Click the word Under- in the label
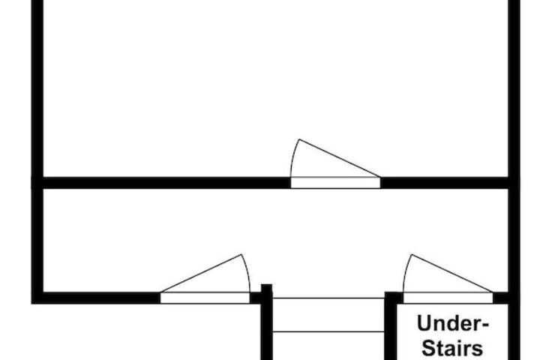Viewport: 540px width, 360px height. [x=453, y=323]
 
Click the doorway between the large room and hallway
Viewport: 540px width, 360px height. [x=335, y=183]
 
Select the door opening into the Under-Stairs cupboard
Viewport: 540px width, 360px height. [x=448, y=298]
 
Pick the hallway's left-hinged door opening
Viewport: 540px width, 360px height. [x=205, y=298]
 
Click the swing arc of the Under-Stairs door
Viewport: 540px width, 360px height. [x=406, y=272]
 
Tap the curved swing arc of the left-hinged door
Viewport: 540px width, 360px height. [x=247, y=272]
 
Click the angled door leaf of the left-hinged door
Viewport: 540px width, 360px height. [x=201, y=274]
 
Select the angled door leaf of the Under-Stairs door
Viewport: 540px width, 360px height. [x=452, y=274]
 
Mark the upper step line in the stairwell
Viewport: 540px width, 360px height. [x=328, y=298]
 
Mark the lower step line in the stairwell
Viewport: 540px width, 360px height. [x=328, y=331]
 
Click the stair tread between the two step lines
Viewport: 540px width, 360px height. [x=328, y=315]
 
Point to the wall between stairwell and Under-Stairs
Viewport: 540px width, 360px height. [x=391, y=326]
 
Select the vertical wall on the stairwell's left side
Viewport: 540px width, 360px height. [x=266, y=326]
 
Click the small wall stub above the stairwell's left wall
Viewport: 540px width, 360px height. [x=266, y=288]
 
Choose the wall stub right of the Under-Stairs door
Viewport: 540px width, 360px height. [x=501, y=298]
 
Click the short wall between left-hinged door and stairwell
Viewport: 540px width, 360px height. [x=256, y=298]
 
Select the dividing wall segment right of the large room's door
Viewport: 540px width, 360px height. [x=445, y=183]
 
